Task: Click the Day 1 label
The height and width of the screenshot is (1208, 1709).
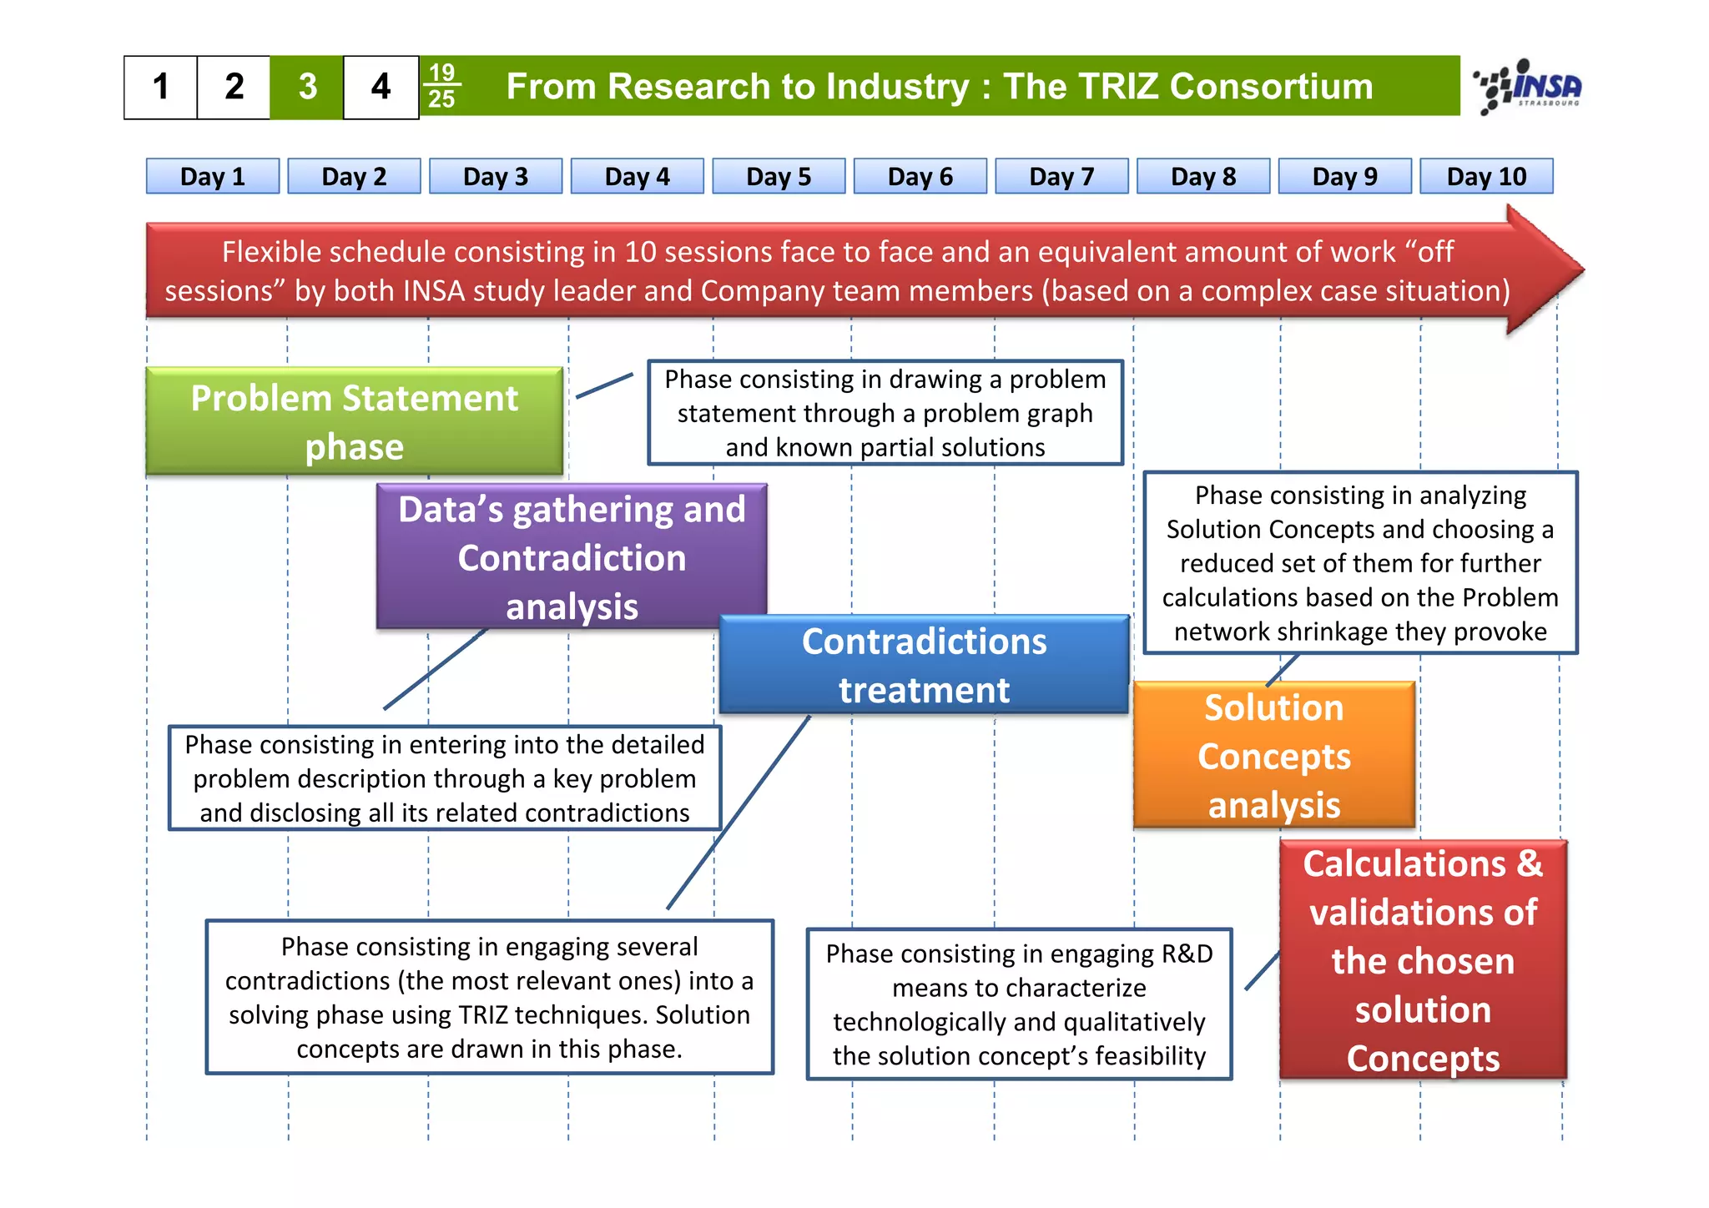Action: click(213, 176)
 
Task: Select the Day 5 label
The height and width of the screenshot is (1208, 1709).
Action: click(779, 176)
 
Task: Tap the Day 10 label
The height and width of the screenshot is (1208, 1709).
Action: click(1486, 176)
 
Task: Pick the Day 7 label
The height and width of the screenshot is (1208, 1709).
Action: click(1061, 176)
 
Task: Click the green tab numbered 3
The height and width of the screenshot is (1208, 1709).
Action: click(307, 87)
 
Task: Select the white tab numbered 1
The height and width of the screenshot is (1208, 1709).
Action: click(161, 87)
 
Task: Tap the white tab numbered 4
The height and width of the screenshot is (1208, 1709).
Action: click(381, 87)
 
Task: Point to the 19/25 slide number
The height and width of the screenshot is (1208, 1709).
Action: click(441, 86)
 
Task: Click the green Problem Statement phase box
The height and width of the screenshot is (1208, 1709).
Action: click(355, 421)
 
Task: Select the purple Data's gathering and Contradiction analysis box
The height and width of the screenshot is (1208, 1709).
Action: click(572, 556)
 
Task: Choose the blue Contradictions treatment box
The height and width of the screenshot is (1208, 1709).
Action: click(924, 665)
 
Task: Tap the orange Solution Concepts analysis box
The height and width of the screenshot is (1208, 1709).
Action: click(1273, 756)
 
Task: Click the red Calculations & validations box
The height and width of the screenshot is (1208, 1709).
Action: click(1423, 960)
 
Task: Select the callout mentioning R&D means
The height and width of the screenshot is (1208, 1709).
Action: click(1019, 1004)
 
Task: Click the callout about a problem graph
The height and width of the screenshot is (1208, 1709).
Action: click(885, 413)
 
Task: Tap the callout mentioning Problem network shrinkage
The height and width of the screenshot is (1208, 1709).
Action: click(1360, 563)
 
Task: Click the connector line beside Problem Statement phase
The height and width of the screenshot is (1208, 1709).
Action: click(605, 385)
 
